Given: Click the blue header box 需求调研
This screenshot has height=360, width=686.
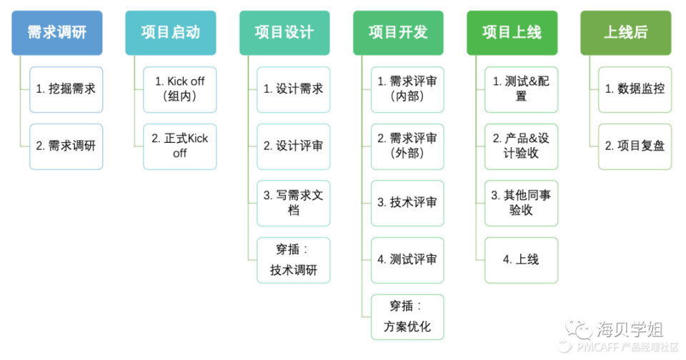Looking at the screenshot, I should [56, 33].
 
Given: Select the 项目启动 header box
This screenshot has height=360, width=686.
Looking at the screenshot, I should [170, 33].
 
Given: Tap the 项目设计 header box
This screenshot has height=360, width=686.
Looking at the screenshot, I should [284, 33].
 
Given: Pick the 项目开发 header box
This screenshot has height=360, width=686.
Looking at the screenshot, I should [398, 33].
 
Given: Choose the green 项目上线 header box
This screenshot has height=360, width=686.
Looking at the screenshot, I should [512, 33].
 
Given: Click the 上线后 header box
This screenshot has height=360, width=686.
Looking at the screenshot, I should [625, 33].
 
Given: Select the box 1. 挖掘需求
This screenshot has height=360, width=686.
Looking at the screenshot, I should [66, 89].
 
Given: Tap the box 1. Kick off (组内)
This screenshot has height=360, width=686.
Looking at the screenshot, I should [179, 89].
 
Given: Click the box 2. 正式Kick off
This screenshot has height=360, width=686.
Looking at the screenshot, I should [179, 146].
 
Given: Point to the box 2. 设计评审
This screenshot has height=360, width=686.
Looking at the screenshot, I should [294, 146].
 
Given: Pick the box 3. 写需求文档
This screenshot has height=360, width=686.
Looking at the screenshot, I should [294, 203].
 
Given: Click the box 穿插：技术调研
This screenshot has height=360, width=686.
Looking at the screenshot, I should [294, 260].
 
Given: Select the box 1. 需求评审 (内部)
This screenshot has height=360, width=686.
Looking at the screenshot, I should [407, 89].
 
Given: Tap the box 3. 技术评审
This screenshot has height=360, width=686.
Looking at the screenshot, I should [407, 203].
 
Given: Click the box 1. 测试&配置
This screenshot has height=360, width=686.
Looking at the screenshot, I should [521, 89].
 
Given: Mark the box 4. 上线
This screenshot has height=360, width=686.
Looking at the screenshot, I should [521, 260].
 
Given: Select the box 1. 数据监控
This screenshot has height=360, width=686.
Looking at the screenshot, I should [635, 89].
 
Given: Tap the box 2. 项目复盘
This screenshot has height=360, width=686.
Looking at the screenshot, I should [635, 146].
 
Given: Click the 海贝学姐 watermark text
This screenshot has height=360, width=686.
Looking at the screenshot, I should [629, 329].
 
